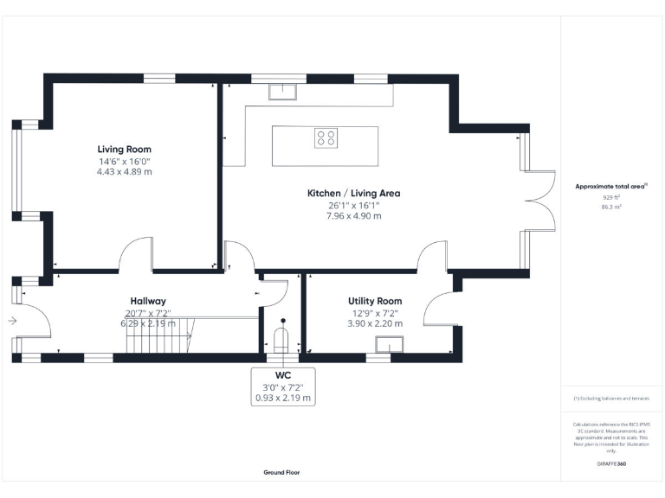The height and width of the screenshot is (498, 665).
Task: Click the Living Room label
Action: pos(124,150)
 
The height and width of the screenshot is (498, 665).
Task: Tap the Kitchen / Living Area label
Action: pos(353,193)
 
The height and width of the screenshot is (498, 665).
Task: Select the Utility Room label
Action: pos(375,301)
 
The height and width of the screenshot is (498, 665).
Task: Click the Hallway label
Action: pos(148,301)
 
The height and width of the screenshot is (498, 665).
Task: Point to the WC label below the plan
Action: pos(283,375)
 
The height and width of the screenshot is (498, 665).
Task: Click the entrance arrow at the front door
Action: pos(11,321)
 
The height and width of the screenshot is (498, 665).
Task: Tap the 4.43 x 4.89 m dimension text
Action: pos(124,172)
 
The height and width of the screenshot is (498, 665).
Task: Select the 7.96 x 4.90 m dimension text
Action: pos(353,215)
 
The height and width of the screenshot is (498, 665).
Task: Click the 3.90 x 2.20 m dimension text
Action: pos(375,323)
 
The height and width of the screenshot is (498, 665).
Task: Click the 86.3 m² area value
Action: pos(611,207)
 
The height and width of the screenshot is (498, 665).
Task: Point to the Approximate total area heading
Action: pos(611,186)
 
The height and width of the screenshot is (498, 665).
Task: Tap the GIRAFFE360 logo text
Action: pos(611,464)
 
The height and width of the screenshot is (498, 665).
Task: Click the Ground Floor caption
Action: pos(282,473)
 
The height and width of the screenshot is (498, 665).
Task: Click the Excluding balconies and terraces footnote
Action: pos(611,399)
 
